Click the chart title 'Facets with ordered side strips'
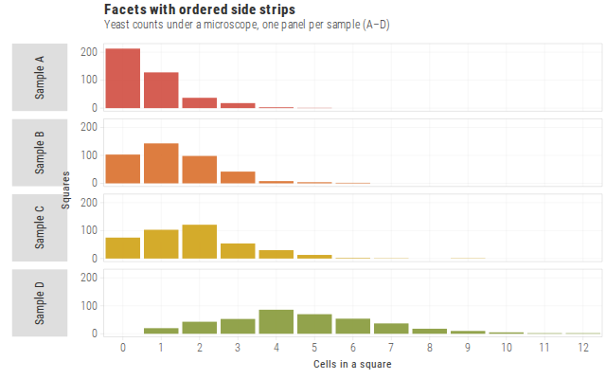[x=200, y=9]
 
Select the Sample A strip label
[x=40, y=78]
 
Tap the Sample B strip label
[x=40, y=153]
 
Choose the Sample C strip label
[x=40, y=227]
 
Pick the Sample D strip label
[x=40, y=303]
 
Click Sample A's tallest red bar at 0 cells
[x=123, y=78]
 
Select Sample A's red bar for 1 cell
[x=161, y=90]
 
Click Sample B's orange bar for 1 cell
[x=161, y=163]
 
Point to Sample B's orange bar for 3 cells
[x=238, y=177]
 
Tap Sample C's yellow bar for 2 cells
[x=200, y=242]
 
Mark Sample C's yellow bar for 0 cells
[x=123, y=248]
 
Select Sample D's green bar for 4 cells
[x=276, y=322]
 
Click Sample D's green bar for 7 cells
[x=391, y=329]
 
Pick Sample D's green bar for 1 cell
[x=161, y=331]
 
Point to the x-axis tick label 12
[x=583, y=348]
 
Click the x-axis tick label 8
[x=429, y=348]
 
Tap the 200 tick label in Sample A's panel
[x=89, y=52]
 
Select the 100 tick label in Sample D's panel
[x=89, y=305]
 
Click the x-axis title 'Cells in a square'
[x=352, y=364]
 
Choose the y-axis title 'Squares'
[x=65, y=190]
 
